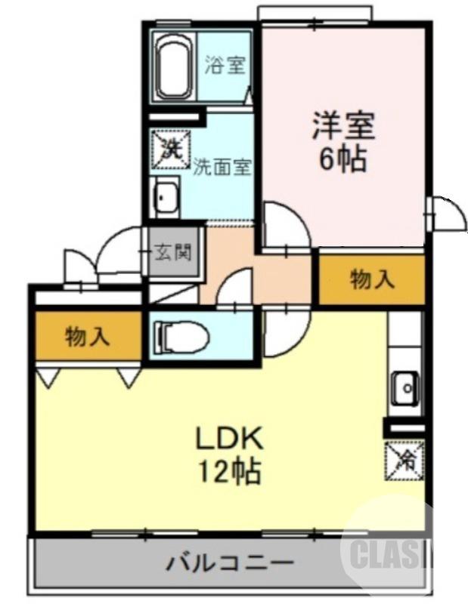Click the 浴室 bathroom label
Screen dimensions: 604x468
[x=225, y=65]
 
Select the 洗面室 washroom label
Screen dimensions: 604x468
[x=222, y=166]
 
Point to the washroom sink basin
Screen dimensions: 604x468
[x=166, y=198]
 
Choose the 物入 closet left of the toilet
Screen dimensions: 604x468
[x=87, y=337]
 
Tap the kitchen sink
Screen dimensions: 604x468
[x=404, y=389]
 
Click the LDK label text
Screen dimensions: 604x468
[x=228, y=438]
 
